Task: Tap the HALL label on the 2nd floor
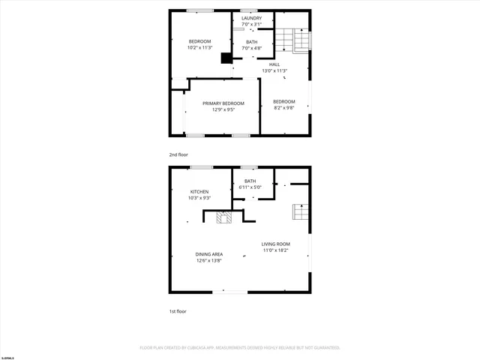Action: click(275, 64)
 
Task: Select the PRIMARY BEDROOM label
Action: click(223, 103)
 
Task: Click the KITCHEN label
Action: click(199, 192)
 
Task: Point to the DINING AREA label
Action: click(209, 254)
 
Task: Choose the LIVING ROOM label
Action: click(276, 244)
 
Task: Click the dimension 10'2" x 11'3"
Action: click(199, 48)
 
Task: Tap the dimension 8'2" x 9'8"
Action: click(284, 108)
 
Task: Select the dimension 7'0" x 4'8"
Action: click(252, 49)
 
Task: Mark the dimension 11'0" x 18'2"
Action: click(276, 250)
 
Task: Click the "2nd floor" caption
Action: click(178, 154)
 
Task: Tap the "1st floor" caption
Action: click(177, 310)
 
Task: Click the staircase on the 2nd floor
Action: click(292, 41)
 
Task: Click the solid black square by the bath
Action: click(226, 57)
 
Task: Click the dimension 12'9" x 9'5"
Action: click(223, 109)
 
